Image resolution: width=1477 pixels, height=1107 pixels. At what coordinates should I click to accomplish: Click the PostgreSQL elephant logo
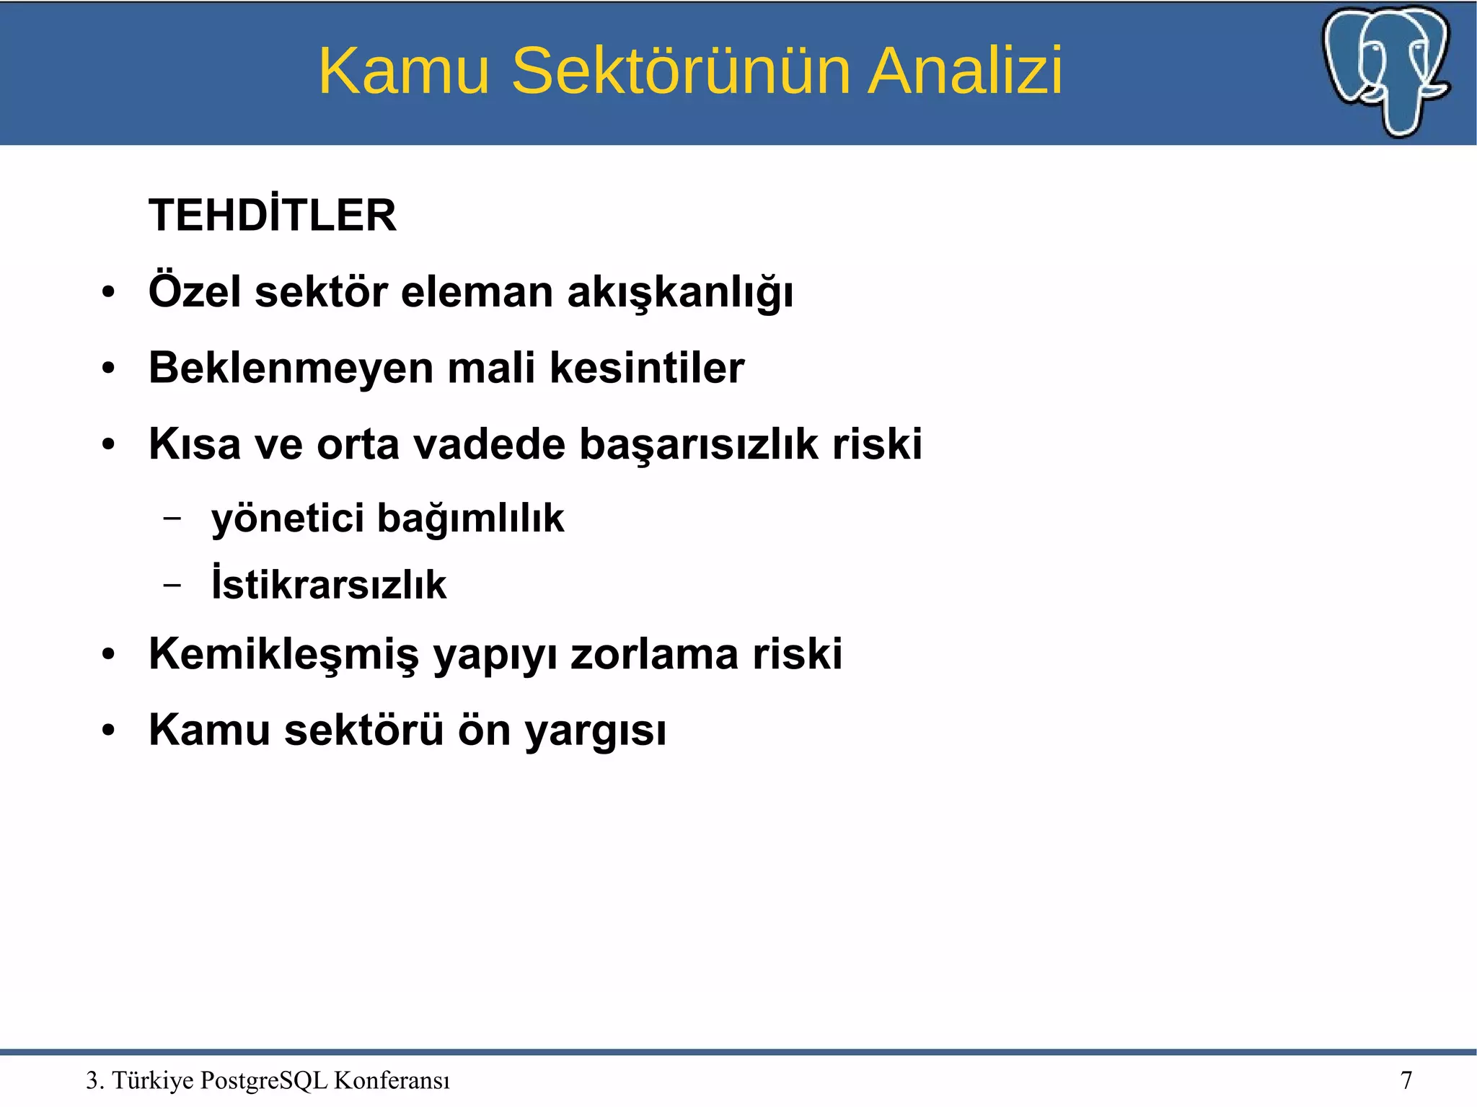click(1386, 71)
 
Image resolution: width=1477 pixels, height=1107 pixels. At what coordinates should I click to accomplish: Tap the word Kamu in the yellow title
click(404, 71)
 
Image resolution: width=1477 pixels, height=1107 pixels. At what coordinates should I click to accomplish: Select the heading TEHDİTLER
click(273, 215)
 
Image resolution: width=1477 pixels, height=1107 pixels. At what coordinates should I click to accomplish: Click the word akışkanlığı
click(680, 293)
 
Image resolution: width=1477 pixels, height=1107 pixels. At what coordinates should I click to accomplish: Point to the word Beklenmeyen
click(290, 368)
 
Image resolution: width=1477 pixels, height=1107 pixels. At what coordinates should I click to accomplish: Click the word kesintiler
click(647, 368)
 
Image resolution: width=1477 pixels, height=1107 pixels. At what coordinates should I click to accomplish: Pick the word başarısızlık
click(699, 444)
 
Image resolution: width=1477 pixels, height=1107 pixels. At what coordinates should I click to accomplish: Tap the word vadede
click(489, 444)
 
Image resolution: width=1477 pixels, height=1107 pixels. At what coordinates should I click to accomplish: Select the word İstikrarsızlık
click(329, 584)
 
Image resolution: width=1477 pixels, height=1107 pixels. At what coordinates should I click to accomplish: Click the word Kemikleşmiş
click(283, 655)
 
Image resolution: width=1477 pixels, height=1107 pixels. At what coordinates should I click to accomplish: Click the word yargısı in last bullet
click(595, 731)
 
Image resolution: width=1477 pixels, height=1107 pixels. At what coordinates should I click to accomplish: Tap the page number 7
click(1406, 1080)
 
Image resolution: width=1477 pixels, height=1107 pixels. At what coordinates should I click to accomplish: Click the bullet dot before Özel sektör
click(108, 294)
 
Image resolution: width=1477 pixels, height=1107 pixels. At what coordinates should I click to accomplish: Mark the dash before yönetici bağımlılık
click(172, 518)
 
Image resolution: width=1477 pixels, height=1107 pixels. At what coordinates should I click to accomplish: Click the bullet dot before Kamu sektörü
click(108, 730)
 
